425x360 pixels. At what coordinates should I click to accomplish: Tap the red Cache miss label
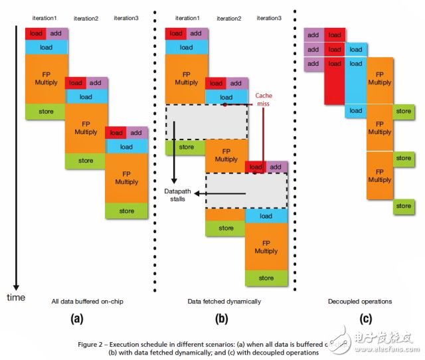[x=264, y=100]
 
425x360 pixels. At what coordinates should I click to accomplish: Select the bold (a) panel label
[x=78, y=318]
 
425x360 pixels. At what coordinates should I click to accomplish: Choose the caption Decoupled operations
[x=359, y=301]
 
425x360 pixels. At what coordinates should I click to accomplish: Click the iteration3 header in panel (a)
[x=126, y=18]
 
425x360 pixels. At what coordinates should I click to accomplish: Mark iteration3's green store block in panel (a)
[x=126, y=211]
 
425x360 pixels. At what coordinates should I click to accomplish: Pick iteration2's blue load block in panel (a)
[x=85, y=96]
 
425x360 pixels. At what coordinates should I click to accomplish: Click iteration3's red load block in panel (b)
[x=256, y=167]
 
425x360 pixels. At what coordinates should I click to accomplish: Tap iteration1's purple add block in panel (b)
[x=195, y=33]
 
